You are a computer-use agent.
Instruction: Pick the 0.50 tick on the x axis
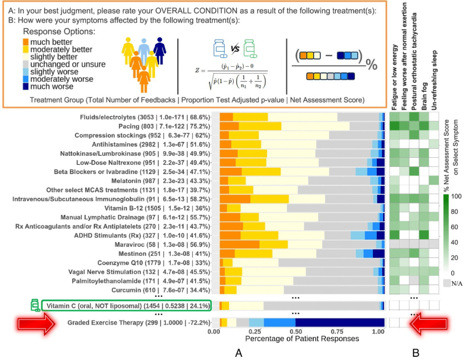[295, 332]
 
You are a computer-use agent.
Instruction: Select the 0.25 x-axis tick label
[254, 332]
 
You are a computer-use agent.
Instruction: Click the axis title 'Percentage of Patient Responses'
[296, 339]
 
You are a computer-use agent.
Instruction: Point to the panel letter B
[415, 352]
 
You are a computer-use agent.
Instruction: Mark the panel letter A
[237, 352]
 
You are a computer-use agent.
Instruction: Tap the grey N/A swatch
[447, 282]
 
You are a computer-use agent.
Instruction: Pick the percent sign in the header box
[372, 65]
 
